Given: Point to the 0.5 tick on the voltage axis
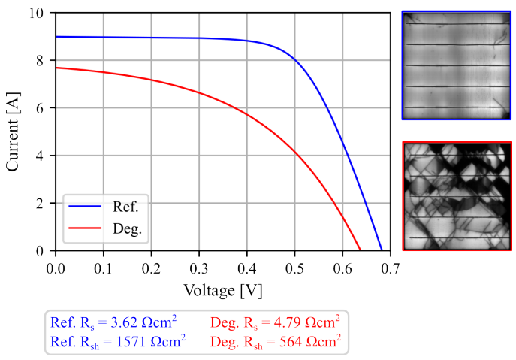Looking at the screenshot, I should coord(295,267).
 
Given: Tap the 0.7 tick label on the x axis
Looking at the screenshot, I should coord(391,267).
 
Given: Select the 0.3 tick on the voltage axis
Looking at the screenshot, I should coord(199,267).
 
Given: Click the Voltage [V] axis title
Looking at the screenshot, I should coord(222,289).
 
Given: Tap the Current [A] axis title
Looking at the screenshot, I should coord(14,132).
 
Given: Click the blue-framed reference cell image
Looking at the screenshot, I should coord(457,65).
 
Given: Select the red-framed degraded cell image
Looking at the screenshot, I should coord(457,195).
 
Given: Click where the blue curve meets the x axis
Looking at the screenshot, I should coord(382,250).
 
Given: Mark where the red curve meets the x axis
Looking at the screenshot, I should coord(361,250).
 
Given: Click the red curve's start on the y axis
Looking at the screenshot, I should coord(56,68).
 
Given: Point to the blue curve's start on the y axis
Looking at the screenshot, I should coord(56,37).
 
